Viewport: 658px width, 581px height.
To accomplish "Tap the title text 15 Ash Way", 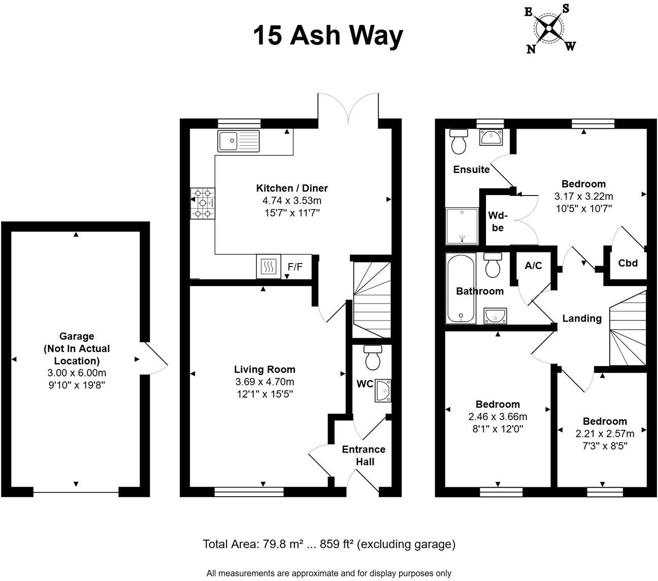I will [328, 36].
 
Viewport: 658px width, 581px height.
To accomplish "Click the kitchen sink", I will [238, 141].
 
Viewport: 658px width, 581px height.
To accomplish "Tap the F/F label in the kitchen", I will [295, 266].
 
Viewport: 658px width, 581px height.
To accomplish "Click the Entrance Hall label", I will [364, 455].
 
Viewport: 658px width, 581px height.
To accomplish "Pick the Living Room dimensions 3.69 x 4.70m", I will [265, 382].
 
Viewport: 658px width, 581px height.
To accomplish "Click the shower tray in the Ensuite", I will [462, 226].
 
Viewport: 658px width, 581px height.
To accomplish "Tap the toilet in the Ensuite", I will [459, 141].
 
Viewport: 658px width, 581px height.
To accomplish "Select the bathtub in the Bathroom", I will [460, 288].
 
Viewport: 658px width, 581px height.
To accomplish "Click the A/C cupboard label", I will [533, 266].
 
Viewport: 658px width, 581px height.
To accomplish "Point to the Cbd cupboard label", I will [628, 264].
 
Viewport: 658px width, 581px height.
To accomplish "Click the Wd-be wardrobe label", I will [498, 221].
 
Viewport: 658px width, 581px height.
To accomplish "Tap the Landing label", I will [582, 318].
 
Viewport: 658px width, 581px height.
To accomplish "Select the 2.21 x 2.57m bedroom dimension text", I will [605, 434].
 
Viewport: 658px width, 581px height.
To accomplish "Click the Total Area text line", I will [329, 544].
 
